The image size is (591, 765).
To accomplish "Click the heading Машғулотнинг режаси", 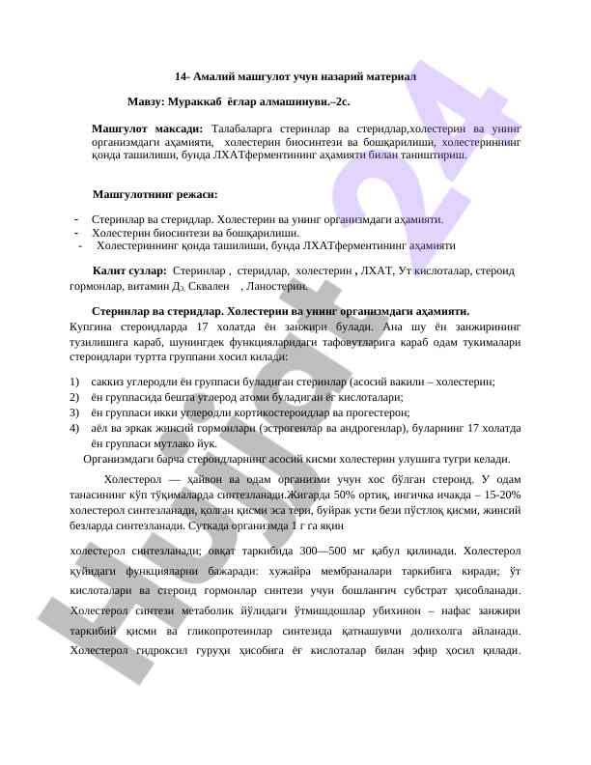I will [155, 194].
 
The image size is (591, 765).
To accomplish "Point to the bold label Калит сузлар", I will [128, 273].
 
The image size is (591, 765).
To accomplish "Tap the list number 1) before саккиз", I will [75, 382].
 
